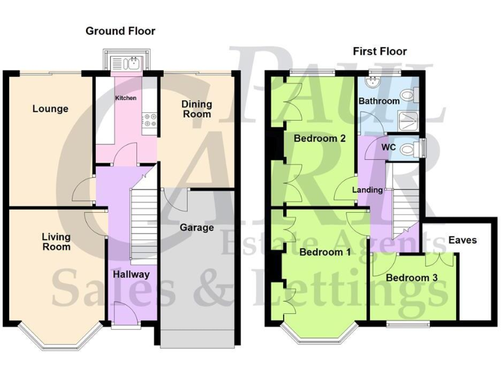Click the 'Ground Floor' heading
pos(120,31)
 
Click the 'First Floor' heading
pos(380,51)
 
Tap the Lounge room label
pos(50,108)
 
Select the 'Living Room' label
pos(56,242)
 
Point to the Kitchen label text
pos(126,98)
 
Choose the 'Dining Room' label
pos(196,108)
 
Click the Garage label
pos(196,228)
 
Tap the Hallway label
pos(130,274)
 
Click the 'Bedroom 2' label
pos(319,138)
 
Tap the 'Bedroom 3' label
pos(411,277)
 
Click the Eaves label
pos(462,240)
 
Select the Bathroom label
pos(379,101)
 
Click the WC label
pos(389,147)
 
